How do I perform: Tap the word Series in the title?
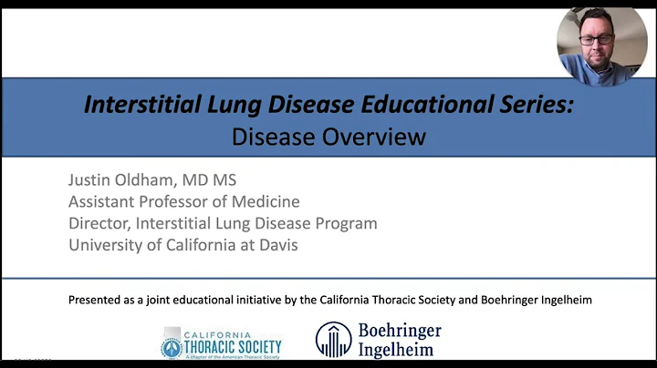click(x=536, y=105)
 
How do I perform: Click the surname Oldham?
click(x=164, y=179)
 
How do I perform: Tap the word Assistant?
click(x=104, y=201)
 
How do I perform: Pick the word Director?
click(x=101, y=223)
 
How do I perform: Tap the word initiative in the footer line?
click(x=283, y=300)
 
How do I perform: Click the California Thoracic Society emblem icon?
click(x=172, y=343)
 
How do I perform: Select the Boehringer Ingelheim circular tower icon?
click(x=333, y=340)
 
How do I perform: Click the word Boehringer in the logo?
click(x=399, y=331)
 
